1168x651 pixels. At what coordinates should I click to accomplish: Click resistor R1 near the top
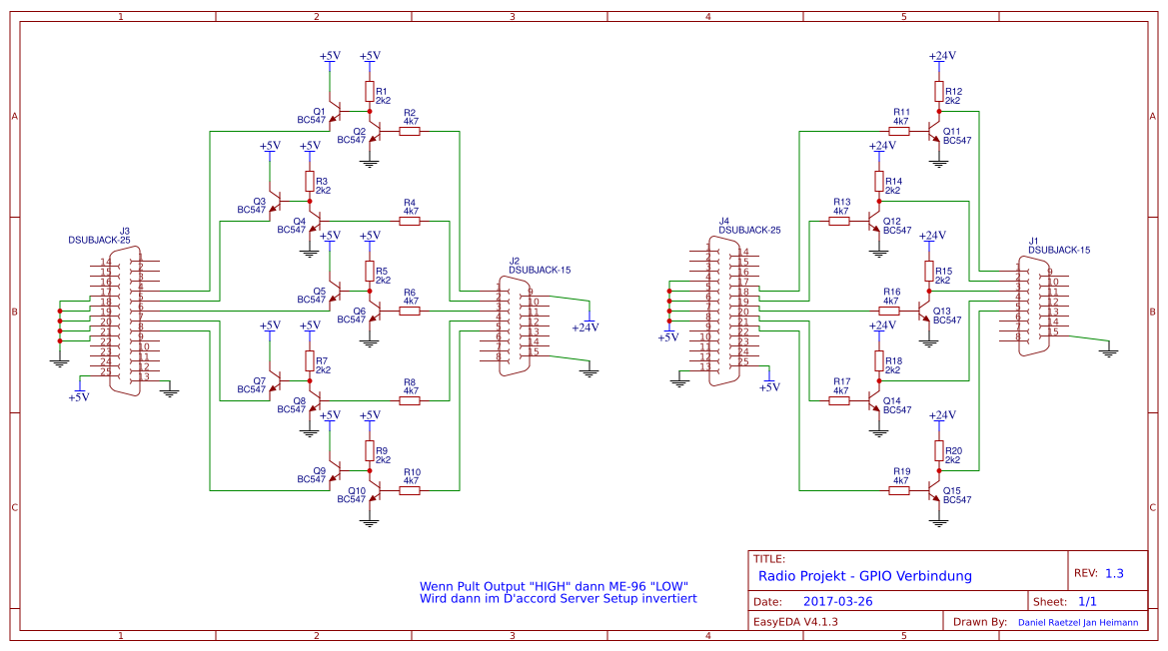coord(370,93)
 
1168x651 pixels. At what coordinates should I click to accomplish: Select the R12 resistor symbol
coord(939,93)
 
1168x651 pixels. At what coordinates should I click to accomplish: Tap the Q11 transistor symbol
coord(935,131)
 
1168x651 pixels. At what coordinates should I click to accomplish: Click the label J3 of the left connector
coord(125,231)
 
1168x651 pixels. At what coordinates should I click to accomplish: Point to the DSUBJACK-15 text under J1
coord(1058,250)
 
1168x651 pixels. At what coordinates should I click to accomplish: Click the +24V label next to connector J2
coord(584,326)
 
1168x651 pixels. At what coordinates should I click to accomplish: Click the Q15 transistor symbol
coord(935,490)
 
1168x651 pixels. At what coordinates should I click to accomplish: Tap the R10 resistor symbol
coord(410,490)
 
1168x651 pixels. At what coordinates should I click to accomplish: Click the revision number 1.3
coord(1114,574)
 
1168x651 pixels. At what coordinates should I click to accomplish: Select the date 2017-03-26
coord(837,602)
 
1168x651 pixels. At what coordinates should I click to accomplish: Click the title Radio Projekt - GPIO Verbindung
coord(864,576)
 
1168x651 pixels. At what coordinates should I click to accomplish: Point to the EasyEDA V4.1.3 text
coord(794,621)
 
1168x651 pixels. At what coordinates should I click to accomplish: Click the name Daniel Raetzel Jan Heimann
coord(1077,622)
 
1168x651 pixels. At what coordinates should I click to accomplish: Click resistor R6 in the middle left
coord(410,311)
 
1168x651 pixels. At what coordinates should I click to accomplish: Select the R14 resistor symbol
coord(879,183)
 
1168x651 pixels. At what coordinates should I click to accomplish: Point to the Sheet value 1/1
coord(1088,602)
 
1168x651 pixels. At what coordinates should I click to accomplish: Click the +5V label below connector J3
coord(78,396)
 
